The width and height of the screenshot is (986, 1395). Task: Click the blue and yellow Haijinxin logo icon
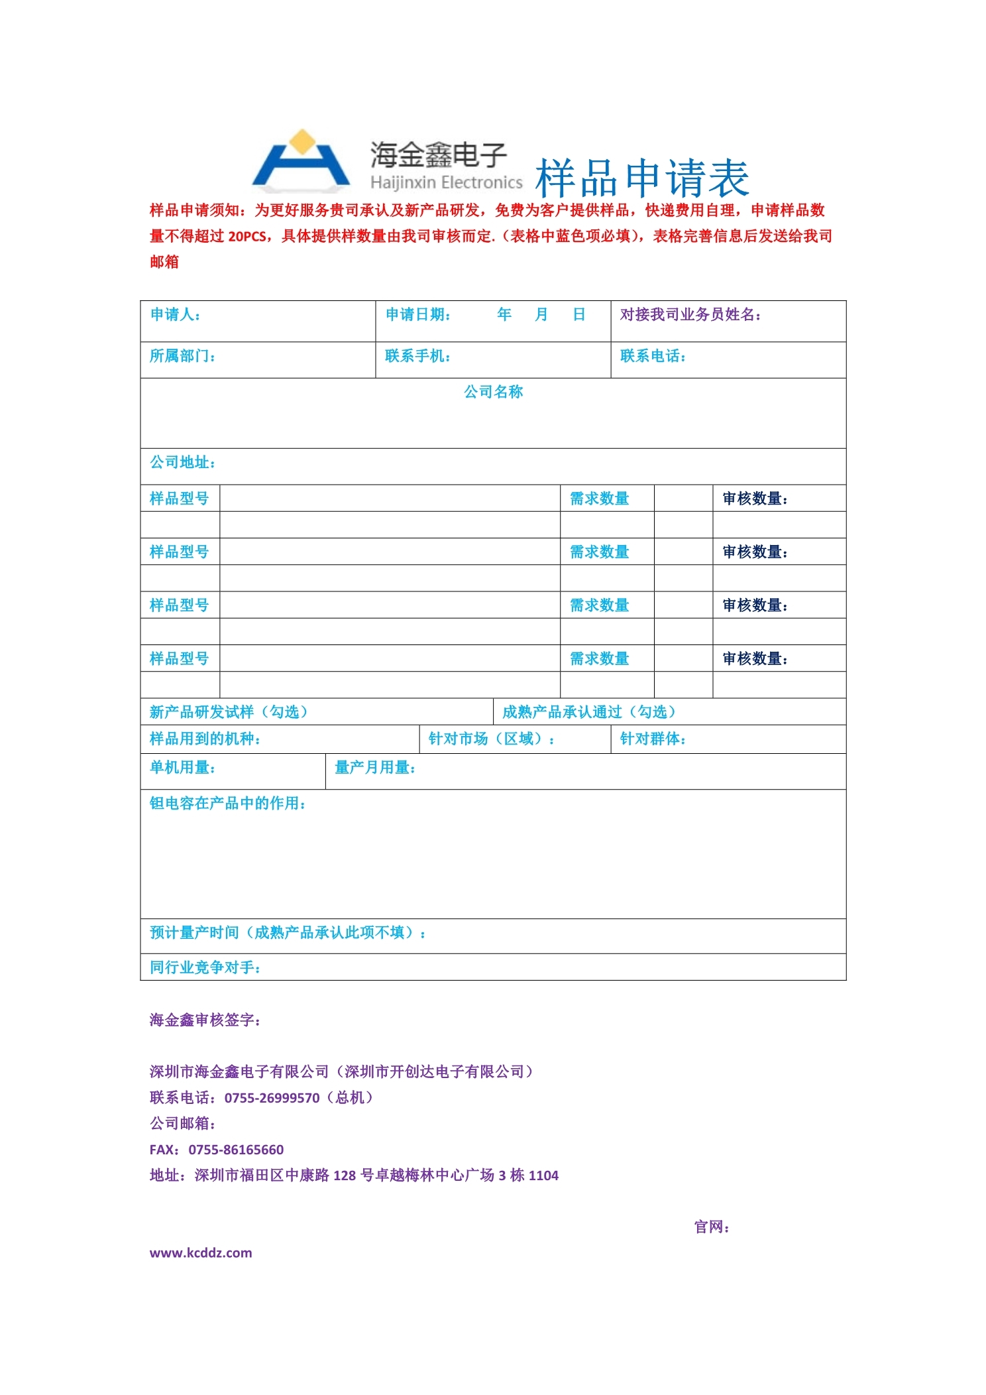[x=301, y=159]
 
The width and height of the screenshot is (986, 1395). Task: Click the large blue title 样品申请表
[x=641, y=178]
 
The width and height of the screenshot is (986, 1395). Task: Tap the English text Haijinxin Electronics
[x=446, y=182]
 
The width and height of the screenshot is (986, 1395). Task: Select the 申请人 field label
[x=175, y=314]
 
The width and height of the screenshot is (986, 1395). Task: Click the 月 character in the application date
[x=541, y=314]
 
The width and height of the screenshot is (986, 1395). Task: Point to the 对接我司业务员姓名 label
[x=690, y=314]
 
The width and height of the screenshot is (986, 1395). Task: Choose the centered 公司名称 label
[x=493, y=392]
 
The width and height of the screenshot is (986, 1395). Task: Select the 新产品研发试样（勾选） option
[x=229, y=712]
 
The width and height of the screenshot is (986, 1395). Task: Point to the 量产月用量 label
[x=375, y=768]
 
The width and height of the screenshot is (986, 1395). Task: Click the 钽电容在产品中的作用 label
[x=227, y=804]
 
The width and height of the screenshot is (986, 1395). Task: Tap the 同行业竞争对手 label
[x=205, y=967]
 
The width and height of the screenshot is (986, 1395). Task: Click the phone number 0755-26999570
[x=272, y=1098]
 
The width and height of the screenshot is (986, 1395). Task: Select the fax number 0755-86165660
[x=236, y=1150]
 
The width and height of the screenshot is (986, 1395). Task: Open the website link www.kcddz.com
[x=201, y=1252]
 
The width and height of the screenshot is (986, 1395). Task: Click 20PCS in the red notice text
[x=247, y=236]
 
